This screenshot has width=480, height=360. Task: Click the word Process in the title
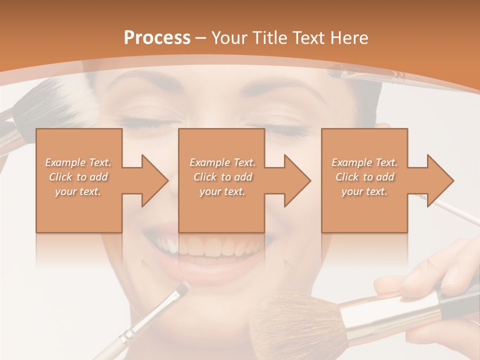157,38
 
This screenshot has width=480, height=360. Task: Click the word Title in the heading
268,38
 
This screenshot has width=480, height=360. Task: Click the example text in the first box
78,176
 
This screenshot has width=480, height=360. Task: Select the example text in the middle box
222,176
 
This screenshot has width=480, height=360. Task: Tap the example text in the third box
364,176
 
